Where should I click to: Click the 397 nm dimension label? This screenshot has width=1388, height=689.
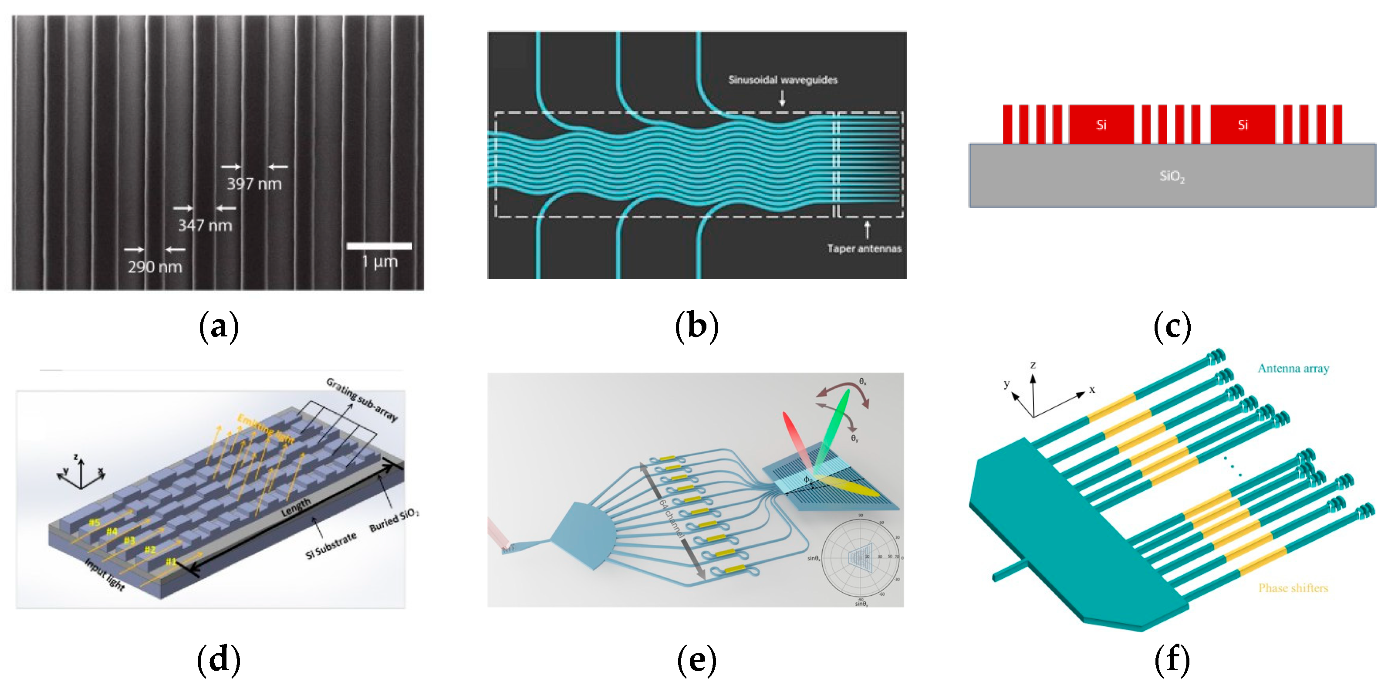coord(254,184)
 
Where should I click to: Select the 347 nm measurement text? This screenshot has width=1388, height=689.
coord(205,225)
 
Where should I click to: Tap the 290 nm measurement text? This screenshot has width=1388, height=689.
coord(155,267)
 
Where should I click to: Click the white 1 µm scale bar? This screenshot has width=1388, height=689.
coord(379,246)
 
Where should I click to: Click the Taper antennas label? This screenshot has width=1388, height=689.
coord(864,248)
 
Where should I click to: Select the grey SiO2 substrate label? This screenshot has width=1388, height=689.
coord(1172,176)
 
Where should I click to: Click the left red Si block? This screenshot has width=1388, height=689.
coord(1101,125)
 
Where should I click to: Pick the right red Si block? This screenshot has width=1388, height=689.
coord(1243,125)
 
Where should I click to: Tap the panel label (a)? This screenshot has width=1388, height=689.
coord(218,327)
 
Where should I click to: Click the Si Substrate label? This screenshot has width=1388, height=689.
coord(331,546)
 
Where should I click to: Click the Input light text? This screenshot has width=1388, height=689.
coord(105,575)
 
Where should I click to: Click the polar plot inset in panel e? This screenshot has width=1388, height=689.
coord(861,557)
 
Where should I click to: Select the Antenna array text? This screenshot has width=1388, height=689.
coord(1293,369)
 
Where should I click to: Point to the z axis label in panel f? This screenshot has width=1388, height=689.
coord(1033,365)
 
